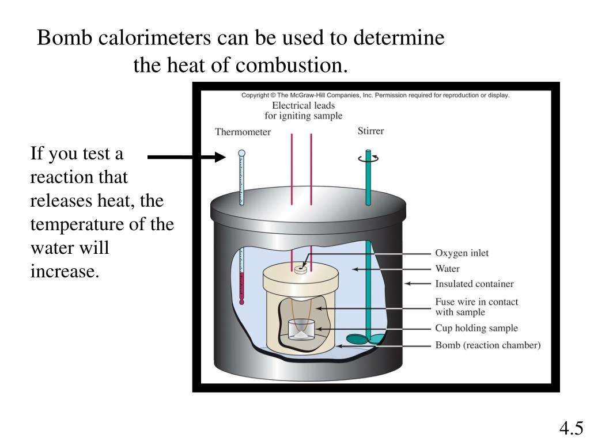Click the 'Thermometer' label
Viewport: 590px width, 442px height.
243,132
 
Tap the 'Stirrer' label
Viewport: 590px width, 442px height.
370,131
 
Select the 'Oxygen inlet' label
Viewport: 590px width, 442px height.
462,253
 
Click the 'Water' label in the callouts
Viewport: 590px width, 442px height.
447,268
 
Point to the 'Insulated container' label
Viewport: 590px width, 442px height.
474,284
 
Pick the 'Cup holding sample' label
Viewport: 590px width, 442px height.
476,328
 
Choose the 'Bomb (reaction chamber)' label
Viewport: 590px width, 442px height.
487,345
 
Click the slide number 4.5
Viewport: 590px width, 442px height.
571,428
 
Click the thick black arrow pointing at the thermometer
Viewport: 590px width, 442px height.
187,157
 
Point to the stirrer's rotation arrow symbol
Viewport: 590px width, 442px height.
368,158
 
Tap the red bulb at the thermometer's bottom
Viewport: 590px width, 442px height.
241,302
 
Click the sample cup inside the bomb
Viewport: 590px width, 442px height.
301,330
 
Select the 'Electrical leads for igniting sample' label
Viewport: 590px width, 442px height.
303,110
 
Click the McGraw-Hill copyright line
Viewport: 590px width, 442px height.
376,95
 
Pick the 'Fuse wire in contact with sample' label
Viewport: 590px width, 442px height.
476,307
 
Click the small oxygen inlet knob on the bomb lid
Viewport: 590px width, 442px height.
300,269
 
